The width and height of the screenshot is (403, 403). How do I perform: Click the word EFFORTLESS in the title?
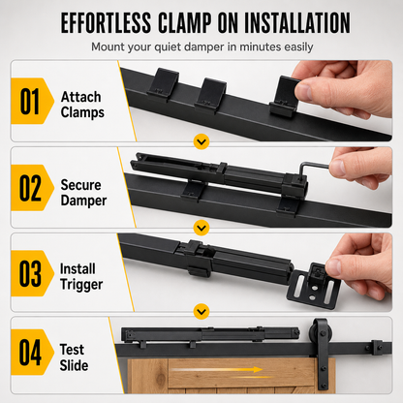click(106, 23)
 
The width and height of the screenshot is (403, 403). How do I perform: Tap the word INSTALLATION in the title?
click(297, 23)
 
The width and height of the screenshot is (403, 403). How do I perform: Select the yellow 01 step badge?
click(32, 101)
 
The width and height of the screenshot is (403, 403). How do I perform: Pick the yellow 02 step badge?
click(32, 188)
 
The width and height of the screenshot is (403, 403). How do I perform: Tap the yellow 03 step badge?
click(32, 273)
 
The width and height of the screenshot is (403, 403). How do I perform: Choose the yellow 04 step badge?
click(32, 352)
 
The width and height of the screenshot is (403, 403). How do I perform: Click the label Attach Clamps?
click(82, 105)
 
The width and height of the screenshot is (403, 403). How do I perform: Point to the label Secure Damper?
click(83, 193)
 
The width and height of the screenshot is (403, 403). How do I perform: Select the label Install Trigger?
click(81, 277)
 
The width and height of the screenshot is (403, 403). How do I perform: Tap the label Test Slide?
click(74, 357)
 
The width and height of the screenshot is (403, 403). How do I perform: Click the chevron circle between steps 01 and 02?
click(201, 141)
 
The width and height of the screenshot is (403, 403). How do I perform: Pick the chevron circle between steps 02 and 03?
click(201, 228)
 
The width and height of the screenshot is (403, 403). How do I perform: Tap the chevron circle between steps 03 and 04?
click(201, 312)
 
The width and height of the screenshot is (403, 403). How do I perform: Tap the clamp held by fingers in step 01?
click(284, 96)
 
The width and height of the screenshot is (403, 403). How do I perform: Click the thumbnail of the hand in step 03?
click(333, 267)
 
